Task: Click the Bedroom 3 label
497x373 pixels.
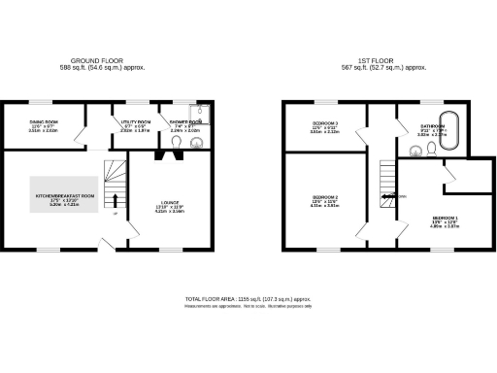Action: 324,124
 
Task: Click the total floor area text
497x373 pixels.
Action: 248,300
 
